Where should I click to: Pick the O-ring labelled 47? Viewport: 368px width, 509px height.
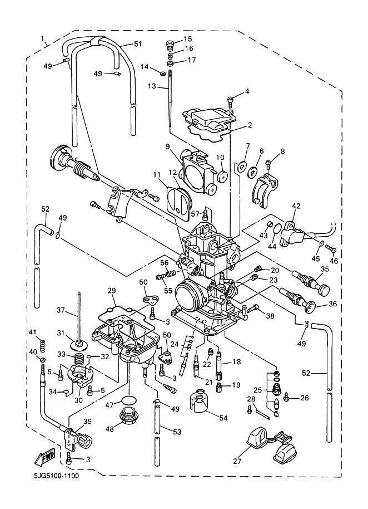click(128, 400)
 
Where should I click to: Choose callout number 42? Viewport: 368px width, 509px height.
click(295, 206)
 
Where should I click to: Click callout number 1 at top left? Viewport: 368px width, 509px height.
click(43, 38)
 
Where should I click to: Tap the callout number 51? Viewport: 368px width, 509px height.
click(137, 44)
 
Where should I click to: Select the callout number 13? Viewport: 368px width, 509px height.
click(152, 86)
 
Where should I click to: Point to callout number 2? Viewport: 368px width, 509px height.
click(250, 125)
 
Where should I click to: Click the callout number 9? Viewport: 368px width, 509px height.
click(167, 146)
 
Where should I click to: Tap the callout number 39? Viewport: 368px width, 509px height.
click(87, 421)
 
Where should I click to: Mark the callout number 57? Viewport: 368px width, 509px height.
click(195, 213)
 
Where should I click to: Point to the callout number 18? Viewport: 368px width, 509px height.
click(236, 362)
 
